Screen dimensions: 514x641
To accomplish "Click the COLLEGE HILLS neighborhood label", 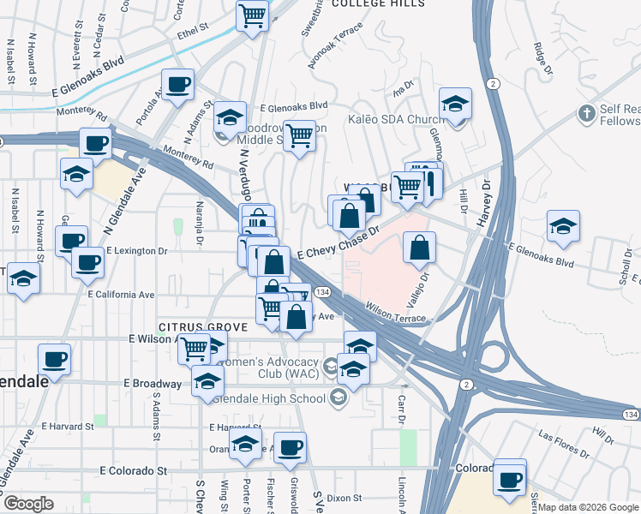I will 377,4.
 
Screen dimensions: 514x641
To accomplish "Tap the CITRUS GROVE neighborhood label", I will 201,327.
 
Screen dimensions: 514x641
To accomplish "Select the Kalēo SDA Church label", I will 395,119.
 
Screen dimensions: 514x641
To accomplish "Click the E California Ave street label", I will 121,295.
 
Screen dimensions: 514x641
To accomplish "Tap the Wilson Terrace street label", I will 395,312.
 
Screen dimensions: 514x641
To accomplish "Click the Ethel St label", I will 193,27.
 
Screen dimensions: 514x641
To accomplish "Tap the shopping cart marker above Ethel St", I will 253,15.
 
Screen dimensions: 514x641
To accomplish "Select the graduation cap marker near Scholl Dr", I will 563,227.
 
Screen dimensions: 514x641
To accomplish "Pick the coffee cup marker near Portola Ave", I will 177,84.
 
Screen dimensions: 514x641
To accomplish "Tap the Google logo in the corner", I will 28,504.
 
